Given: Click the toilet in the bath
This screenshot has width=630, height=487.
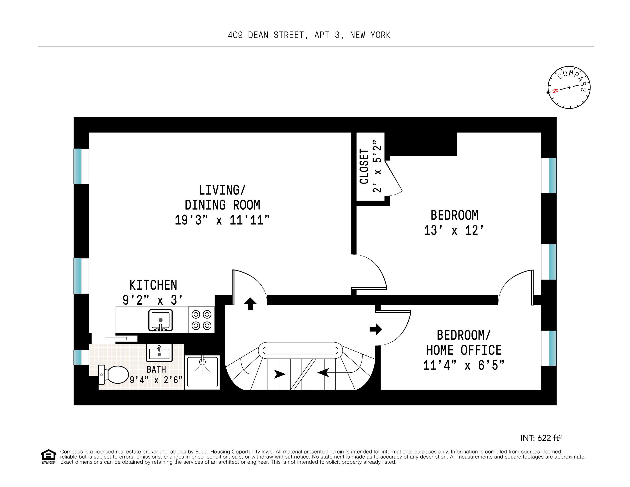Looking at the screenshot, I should tap(114, 375).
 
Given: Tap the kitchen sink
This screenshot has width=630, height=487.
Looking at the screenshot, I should tap(160, 320).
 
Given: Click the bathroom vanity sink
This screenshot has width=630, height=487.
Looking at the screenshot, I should tap(159, 352).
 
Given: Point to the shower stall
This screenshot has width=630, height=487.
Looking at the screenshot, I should tap(202, 372).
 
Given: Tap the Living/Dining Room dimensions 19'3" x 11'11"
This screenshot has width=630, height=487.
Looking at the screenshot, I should tap(222, 220).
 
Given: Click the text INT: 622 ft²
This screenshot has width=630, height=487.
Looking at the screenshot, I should tap(541, 438).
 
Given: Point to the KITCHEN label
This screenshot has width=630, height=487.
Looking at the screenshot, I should tap(153, 285).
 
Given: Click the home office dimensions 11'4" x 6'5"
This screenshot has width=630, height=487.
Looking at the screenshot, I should tap(463, 365).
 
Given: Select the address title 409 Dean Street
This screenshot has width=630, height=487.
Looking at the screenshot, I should tap(309, 35).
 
